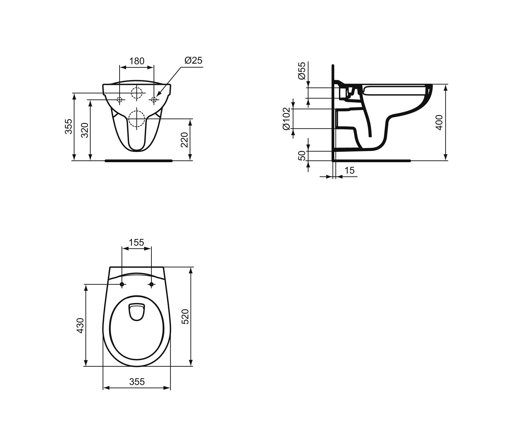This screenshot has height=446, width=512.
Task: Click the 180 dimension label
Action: (137, 61)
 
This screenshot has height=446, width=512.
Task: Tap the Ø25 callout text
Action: (193, 60)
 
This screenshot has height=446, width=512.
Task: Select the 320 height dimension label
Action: (85, 130)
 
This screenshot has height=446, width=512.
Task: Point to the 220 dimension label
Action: (185, 140)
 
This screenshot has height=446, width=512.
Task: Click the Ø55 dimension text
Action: (302, 71)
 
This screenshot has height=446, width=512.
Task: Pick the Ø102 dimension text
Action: (286, 119)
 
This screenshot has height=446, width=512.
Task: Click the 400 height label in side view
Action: (439, 122)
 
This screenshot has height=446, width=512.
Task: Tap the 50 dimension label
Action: (302, 156)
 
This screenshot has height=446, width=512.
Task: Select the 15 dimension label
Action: (349, 170)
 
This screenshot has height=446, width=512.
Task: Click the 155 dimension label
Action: (136, 242)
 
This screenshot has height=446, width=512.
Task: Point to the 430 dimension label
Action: (80, 325)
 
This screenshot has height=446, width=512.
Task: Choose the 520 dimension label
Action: (185, 317)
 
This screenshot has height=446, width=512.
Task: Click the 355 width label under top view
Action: (137, 382)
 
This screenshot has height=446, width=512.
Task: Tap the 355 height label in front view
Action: (68, 126)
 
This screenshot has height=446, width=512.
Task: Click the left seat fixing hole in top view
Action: (122, 284)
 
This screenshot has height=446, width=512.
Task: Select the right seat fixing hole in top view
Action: (151, 284)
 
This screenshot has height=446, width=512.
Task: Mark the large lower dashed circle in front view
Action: (137, 119)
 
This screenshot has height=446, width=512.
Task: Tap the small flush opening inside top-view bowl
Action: (137, 312)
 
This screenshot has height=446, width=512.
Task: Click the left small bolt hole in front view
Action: (119, 100)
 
